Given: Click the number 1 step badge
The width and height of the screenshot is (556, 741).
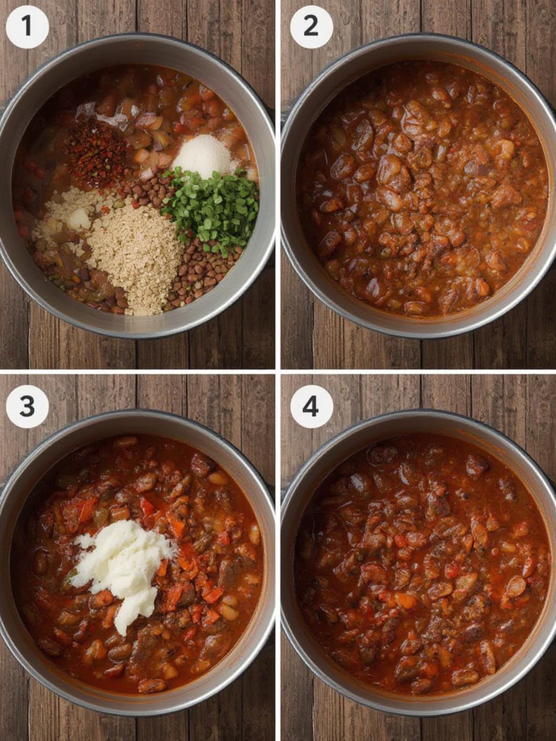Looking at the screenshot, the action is point(27,27).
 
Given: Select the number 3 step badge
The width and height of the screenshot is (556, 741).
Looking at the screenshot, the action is point(27,407).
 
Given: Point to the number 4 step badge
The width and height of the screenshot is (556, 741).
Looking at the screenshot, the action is point(312,407).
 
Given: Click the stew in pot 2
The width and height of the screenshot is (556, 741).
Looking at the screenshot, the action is point(422,189).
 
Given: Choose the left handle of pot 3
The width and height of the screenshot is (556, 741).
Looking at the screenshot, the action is point(3,489).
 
